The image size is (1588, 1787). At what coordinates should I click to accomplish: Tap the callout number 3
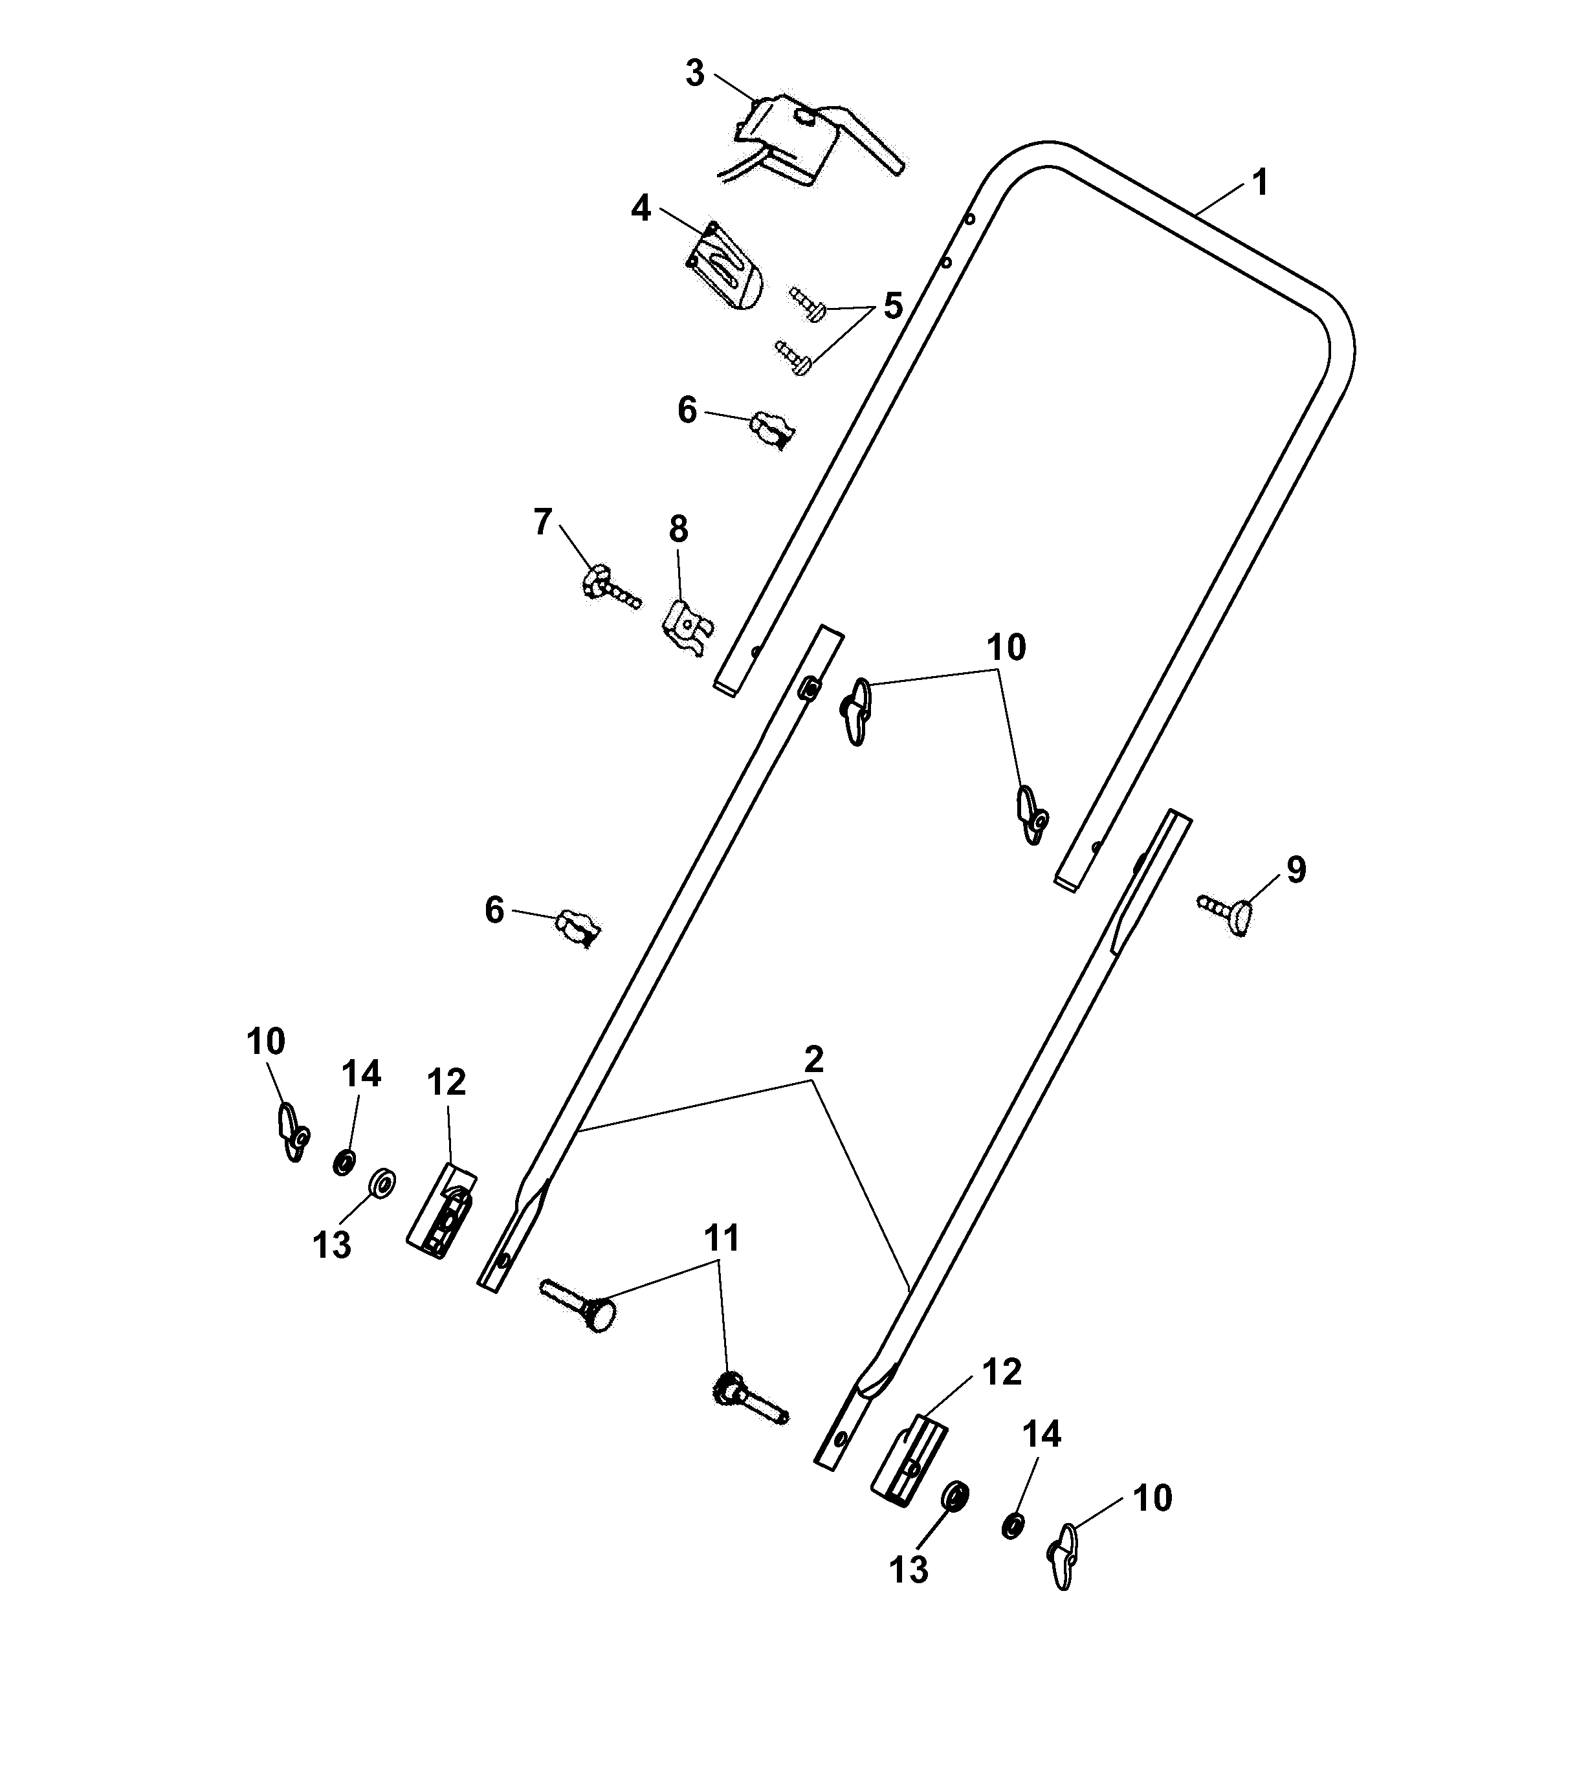(x=694, y=74)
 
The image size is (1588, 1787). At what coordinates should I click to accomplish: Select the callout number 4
(x=641, y=209)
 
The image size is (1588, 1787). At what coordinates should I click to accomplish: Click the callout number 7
(x=542, y=522)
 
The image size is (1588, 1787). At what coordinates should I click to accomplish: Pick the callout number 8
(x=679, y=529)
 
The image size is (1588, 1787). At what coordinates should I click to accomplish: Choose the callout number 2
(x=813, y=1060)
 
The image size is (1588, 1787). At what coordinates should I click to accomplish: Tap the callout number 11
(x=722, y=1238)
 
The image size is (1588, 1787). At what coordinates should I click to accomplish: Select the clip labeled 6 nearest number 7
(x=771, y=429)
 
